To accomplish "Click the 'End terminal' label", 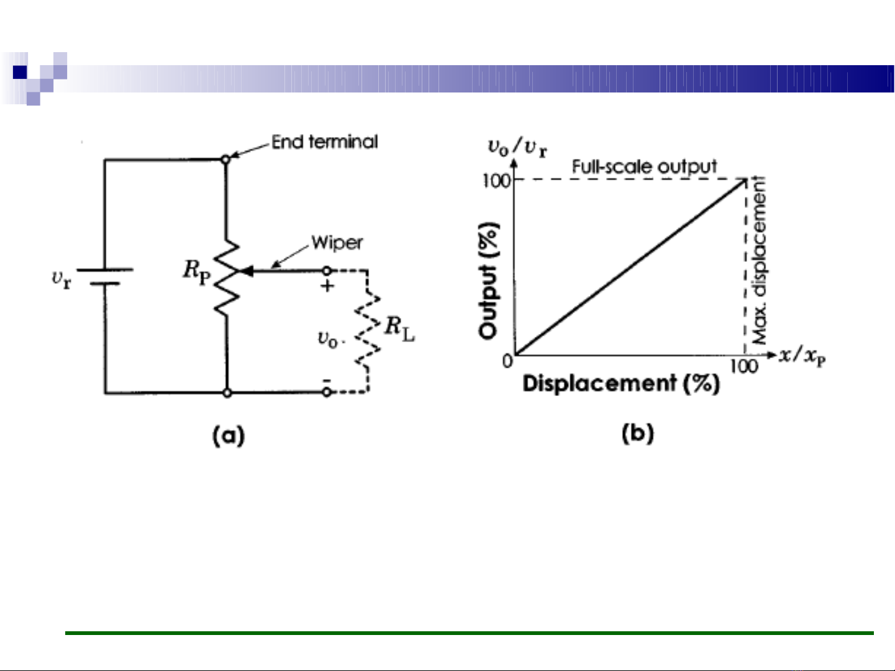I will [324, 142].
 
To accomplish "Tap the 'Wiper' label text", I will [337, 243].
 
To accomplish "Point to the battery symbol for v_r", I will [104, 277].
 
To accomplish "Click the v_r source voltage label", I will [61, 279].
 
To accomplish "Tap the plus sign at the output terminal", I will [327, 286].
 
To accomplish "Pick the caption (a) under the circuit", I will [229, 435].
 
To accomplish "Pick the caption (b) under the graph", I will [637, 433].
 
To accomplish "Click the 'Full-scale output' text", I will [644, 167].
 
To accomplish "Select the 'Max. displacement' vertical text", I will [759, 261].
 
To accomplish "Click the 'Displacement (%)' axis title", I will [621, 383].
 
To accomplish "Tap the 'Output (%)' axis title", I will [489, 280].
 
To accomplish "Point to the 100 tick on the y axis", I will [496, 181].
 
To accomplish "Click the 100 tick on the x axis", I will [743, 366].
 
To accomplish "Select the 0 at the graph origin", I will [507, 361].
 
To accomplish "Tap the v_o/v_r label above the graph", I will [517, 148].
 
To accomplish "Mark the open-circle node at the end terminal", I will [226, 160].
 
